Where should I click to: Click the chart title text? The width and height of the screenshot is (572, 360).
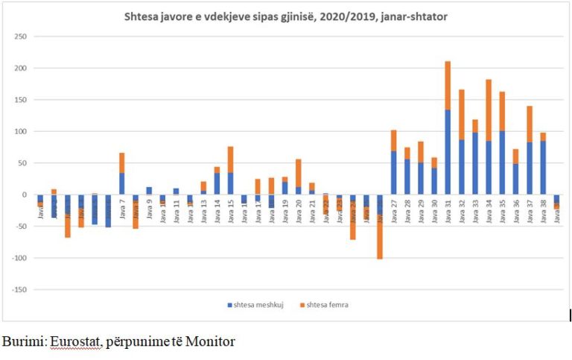(285, 16)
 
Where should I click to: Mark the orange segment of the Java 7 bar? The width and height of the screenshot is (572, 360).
(121, 162)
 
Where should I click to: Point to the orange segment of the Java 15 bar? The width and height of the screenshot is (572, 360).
(230, 160)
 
